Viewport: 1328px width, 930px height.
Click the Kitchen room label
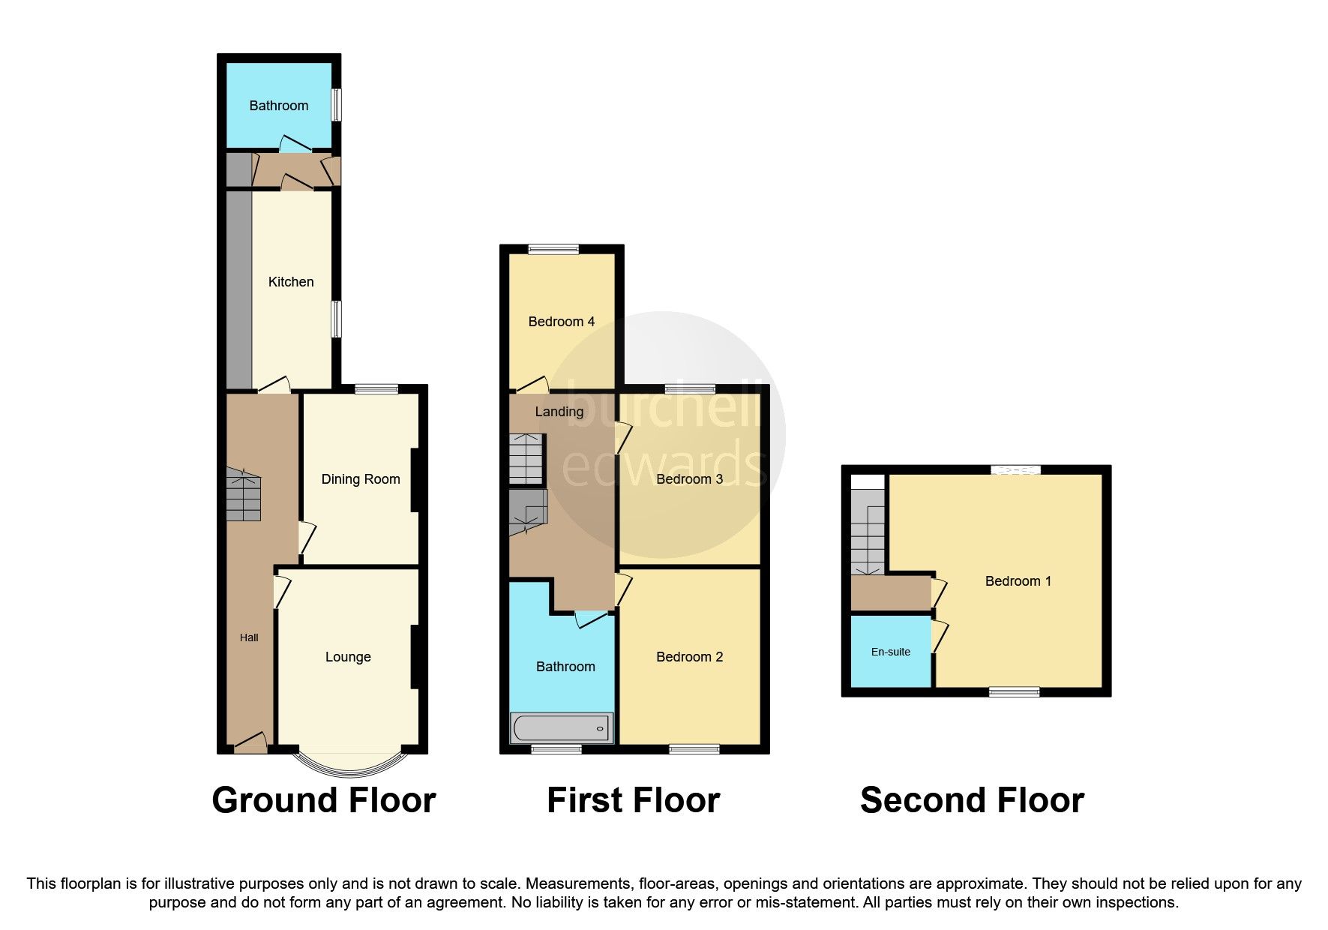[x=291, y=282]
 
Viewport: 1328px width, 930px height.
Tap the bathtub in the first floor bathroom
[x=561, y=727]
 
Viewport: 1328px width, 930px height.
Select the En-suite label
[x=890, y=652]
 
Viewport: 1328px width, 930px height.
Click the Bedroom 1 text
[x=1018, y=581]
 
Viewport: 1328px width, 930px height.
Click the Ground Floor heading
[x=323, y=800]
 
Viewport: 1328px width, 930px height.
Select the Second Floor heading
[x=972, y=800]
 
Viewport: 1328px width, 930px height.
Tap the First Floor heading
[x=633, y=800]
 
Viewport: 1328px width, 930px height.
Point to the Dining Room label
[x=360, y=479]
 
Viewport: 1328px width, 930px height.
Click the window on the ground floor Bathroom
[x=337, y=105]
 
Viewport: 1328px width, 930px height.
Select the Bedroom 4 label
[x=561, y=322]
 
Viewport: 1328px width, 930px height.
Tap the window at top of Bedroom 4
[x=553, y=250]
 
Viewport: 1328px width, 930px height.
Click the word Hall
[x=249, y=637]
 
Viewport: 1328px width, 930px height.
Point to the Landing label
[x=559, y=412]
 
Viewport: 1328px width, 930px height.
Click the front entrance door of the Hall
[x=250, y=745]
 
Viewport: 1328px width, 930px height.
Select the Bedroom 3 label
[x=689, y=479]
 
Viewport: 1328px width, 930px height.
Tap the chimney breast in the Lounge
[x=414, y=656]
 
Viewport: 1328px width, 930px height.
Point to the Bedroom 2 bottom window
[x=694, y=748]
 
